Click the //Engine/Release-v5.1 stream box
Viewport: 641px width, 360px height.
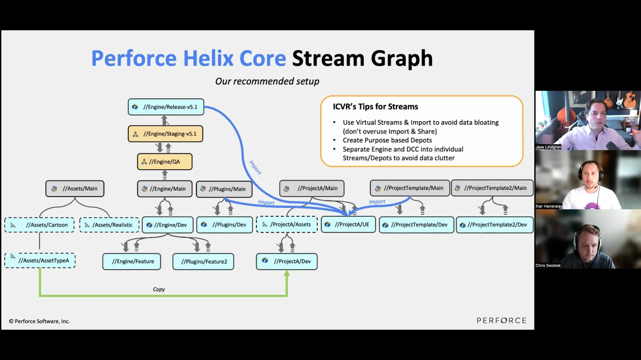point(166,107)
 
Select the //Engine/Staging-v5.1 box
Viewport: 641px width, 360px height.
point(166,134)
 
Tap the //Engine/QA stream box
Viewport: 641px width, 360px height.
point(165,162)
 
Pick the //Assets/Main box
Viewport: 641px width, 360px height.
point(75,189)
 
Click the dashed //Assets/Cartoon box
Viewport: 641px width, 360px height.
point(39,225)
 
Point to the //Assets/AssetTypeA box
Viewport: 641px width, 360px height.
point(40,261)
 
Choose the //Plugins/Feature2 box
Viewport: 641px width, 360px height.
point(203,262)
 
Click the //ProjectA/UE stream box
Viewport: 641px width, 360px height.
point(348,225)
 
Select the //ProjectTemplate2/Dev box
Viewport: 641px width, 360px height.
point(495,225)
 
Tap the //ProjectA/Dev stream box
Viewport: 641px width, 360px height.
point(287,262)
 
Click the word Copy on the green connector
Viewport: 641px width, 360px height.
point(159,289)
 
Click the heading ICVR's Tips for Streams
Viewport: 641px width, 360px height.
point(375,107)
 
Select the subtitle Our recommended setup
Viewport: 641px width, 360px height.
point(267,81)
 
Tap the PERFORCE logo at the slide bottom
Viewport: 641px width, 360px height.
point(501,321)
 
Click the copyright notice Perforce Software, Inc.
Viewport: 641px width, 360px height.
point(39,321)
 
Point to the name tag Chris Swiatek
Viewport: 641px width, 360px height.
point(548,266)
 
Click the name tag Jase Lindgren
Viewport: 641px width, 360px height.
point(548,147)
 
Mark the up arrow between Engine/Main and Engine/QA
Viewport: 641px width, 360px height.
point(165,175)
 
